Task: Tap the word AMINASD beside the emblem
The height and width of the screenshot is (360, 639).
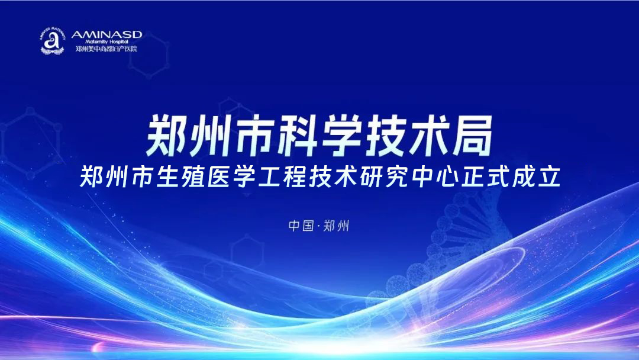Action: (106, 35)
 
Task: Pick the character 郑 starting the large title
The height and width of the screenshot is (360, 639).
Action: (169, 134)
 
